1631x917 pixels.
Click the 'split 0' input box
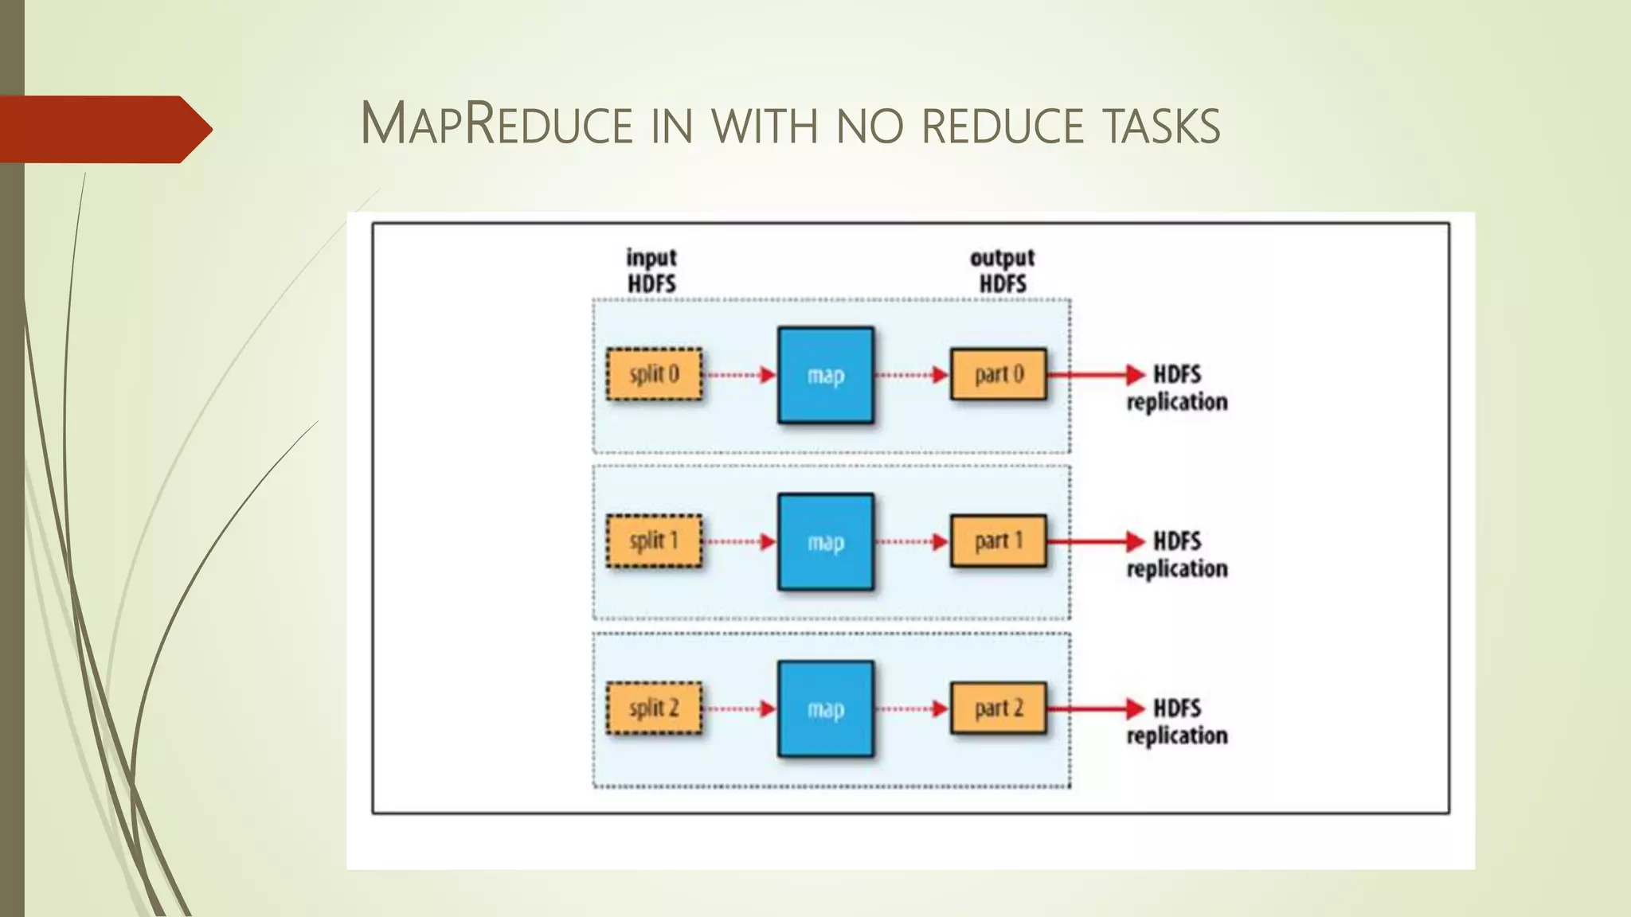coord(654,374)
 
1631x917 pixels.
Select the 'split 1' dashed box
coord(654,541)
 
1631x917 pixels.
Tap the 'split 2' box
coord(654,708)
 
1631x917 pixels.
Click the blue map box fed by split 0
coord(826,375)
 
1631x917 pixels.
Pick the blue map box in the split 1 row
coord(826,542)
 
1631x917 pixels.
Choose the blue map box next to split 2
coord(826,709)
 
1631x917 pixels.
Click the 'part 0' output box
coord(999,374)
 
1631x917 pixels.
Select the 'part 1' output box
coord(999,541)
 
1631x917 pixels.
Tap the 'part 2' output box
coord(999,708)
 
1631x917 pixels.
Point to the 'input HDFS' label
coord(651,271)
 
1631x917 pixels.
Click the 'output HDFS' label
coord(1003,271)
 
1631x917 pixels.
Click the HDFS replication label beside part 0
coord(1177,388)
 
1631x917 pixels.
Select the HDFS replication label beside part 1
coord(1177,556)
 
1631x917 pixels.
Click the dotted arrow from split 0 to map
coord(740,375)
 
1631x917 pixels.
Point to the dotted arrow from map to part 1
coord(912,542)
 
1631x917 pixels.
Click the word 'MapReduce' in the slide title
coord(496,124)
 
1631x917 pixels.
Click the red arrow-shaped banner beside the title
coord(104,129)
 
